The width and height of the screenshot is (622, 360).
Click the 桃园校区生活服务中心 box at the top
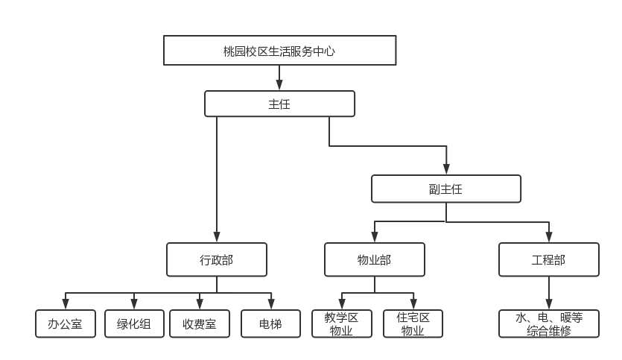point(279,51)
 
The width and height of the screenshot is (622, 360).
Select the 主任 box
point(279,104)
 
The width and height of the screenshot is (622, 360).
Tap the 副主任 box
point(446,189)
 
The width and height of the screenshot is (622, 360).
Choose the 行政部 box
point(217,260)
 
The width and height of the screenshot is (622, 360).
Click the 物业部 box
point(375,260)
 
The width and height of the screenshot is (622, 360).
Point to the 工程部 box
point(549,260)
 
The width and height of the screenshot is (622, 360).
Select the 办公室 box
point(66,324)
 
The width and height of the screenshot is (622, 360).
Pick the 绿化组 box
point(134,324)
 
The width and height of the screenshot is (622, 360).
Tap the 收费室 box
point(200,324)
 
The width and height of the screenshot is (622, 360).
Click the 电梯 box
point(271,324)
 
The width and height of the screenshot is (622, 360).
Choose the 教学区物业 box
point(341,324)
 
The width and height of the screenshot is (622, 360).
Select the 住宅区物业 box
point(413,324)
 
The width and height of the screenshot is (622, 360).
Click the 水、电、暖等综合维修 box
point(549,324)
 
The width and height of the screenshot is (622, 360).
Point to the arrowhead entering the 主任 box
point(279,86)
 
